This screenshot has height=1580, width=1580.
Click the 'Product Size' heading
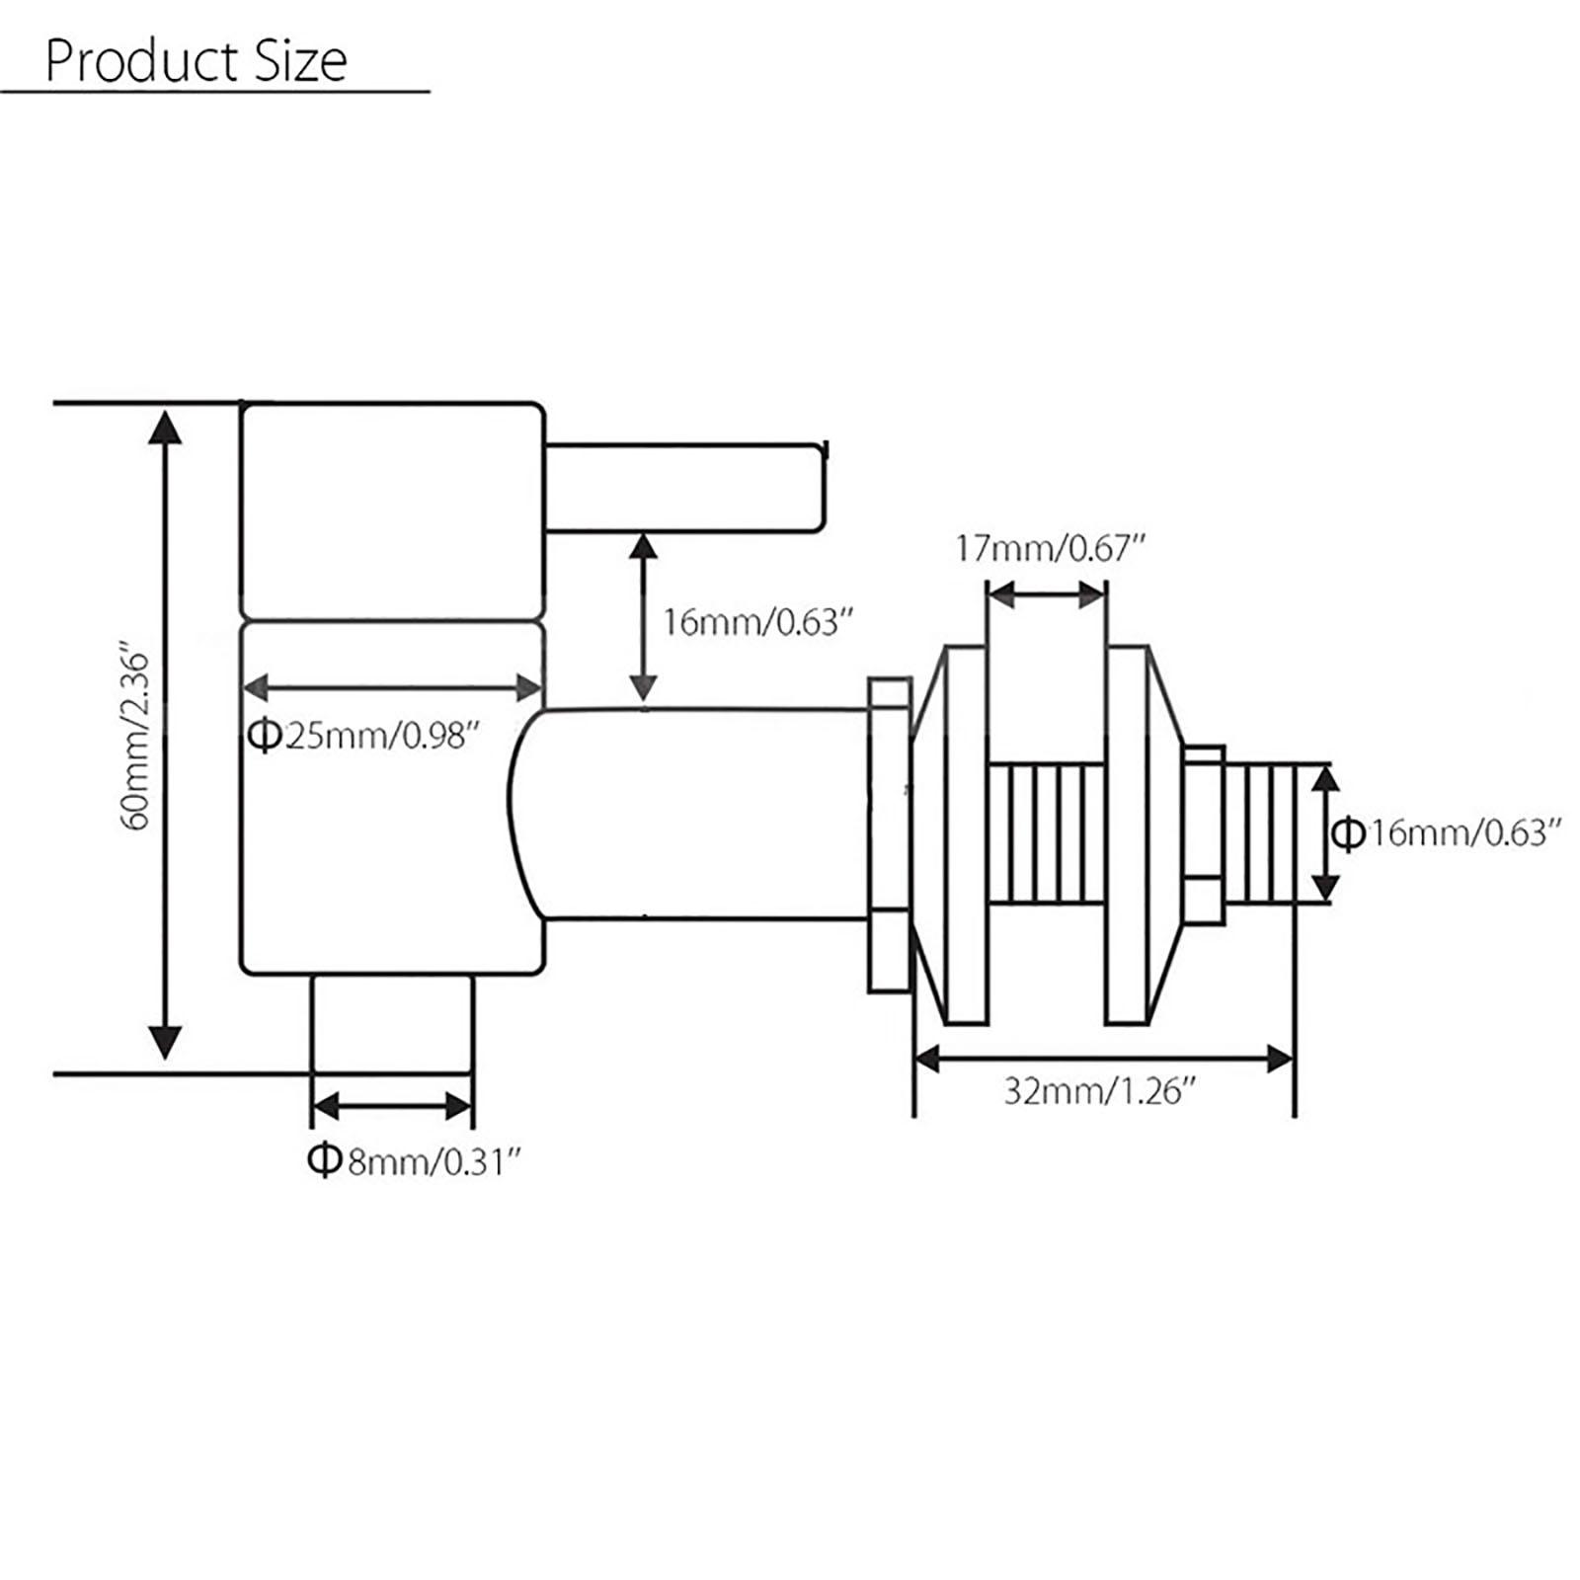[196, 61]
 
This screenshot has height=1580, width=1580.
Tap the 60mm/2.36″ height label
[136, 740]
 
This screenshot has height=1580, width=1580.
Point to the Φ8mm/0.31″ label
[414, 1161]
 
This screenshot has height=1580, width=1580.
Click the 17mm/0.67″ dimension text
[1051, 548]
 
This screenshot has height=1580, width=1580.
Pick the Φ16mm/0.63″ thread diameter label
[1446, 833]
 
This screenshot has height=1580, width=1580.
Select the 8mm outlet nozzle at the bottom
[392, 1023]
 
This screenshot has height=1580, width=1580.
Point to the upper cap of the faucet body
[392, 510]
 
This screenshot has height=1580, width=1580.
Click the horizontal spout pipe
[691, 814]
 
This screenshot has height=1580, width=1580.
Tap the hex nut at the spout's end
[889, 834]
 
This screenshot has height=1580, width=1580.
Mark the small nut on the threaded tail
[1204, 834]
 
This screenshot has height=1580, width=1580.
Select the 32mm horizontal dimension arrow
[1104, 1061]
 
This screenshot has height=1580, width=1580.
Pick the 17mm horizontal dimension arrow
[1047, 595]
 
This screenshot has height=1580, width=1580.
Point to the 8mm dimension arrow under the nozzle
[392, 1106]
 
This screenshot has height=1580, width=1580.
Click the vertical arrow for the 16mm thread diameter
[1323, 833]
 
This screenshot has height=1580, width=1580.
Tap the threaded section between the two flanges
[1047, 833]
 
